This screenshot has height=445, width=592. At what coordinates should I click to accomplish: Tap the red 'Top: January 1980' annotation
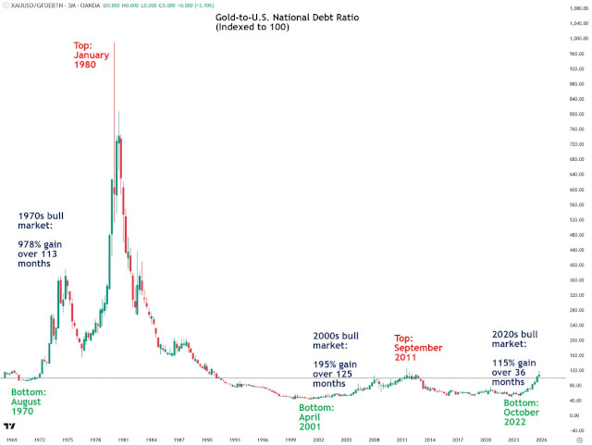pos(92,55)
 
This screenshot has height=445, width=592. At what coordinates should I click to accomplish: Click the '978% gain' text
pos(43,245)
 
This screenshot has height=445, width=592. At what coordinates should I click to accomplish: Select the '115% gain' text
pos(513,363)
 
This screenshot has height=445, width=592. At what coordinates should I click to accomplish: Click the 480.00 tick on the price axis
pos(578,235)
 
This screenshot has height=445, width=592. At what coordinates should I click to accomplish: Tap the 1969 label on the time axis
pos(8,439)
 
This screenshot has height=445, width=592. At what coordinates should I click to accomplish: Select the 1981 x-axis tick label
pos(123,439)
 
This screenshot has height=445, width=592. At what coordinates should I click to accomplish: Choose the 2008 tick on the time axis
pos(375,439)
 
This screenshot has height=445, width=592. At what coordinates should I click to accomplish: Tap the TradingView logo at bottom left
pos(8,426)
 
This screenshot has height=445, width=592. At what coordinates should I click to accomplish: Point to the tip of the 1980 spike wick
pos(114,43)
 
